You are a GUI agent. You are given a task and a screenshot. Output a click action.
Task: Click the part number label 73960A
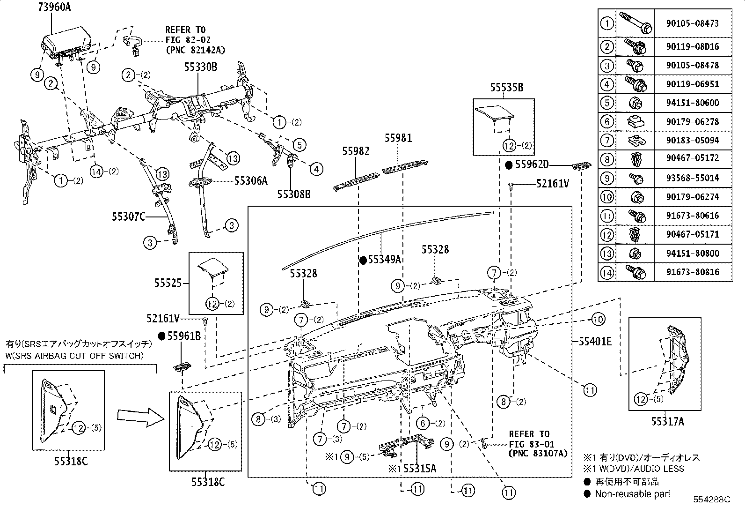pos(54,7)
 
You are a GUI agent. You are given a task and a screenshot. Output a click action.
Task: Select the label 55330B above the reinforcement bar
pos(201,67)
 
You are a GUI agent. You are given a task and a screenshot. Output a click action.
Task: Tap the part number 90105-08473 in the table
pos(693,23)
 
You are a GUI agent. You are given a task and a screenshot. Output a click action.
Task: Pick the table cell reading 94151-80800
pos(693,253)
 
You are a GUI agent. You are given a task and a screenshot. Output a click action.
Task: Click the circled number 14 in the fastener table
pos(606,272)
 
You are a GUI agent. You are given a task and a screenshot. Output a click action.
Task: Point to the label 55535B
pos(507,88)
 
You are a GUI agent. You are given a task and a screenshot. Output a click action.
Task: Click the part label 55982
pos(356,151)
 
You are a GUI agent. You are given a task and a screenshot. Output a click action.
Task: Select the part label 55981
pos(398,138)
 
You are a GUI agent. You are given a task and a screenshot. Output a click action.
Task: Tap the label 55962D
pos(532,164)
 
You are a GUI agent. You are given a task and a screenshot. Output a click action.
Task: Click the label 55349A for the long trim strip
pos(385,260)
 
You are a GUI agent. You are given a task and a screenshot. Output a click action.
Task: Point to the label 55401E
pos(595,342)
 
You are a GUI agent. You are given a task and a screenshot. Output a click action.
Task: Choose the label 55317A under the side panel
pos(667,422)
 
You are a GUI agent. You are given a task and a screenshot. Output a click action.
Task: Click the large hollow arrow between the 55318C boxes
pos(141,418)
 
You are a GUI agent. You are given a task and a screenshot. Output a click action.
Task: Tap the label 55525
pos(168,283)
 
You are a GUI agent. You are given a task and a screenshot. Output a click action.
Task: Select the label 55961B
pos(184,336)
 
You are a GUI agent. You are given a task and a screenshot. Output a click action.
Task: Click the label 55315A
pos(419,469)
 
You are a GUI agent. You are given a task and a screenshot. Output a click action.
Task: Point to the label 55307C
pos(128,217)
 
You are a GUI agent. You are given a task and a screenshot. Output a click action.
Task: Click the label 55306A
pos(251,181)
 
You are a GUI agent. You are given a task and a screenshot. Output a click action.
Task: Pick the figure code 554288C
pos(712,500)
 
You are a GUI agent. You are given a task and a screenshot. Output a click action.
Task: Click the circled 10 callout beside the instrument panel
pos(598,320)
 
